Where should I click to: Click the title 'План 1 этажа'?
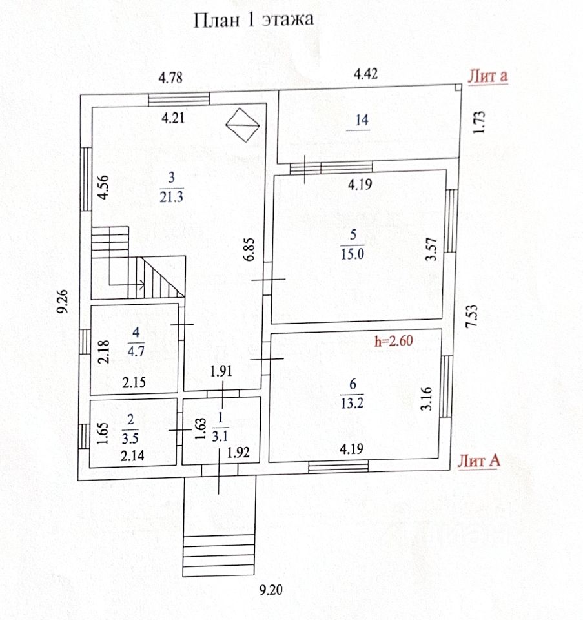click(x=254, y=20)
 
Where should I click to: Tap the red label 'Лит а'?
click(x=487, y=76)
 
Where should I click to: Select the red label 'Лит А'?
click(x=480, y=460)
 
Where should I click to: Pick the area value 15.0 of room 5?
click(x=352, y=253)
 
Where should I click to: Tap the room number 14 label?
click(x=361, y=120)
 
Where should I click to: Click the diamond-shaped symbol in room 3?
click(x=243, y=123)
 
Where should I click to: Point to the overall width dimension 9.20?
click(x=271, y=589)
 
